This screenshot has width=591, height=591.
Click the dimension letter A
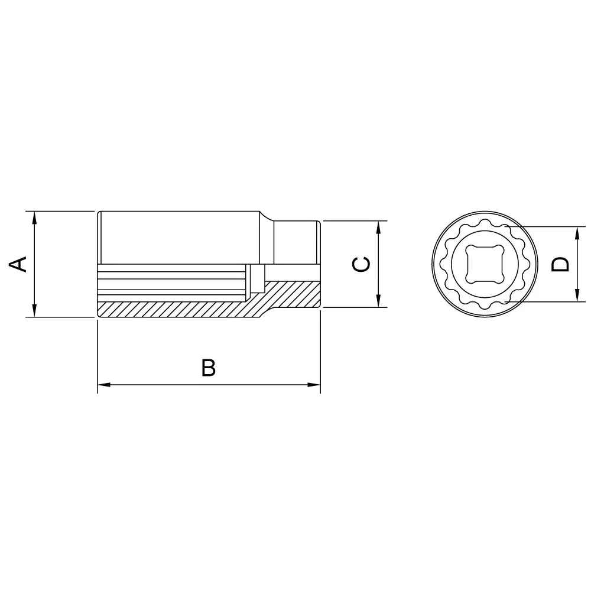click(18, 264)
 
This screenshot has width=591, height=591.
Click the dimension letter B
click(209, 368)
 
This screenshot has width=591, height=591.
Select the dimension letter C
click(361, 264)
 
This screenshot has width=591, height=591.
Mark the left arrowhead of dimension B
click(105, 385)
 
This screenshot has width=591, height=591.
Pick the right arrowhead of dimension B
click(314, 385)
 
